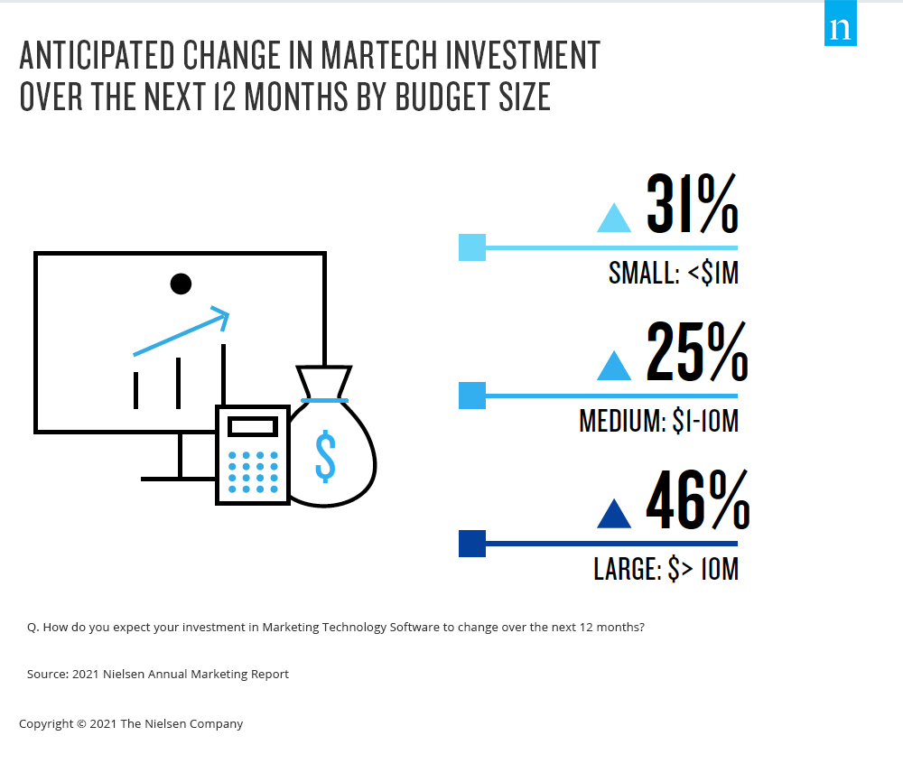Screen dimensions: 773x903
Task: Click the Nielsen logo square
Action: (x=841, y=30)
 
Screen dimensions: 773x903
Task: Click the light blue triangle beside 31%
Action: (x=615, y=218)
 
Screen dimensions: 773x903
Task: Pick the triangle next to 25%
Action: (x=615, y=366)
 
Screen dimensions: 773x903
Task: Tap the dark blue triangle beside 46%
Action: (x=615, y=515)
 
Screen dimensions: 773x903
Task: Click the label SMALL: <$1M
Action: (x=674, y=273)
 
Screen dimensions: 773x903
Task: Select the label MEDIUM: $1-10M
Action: (x=659, y=421)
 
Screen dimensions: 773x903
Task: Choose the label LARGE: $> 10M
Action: (x=666, y=569)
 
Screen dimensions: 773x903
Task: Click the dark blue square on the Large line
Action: (x=472, y=544)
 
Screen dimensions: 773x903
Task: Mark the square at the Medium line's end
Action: (x=472, y=396)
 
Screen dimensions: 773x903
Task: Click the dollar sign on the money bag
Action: (x=325, y=455)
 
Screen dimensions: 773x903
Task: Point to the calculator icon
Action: (x=252, y=454)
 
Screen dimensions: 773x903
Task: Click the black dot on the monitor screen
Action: (x=181, y=284)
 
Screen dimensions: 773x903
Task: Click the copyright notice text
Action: (x=131, y=723)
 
